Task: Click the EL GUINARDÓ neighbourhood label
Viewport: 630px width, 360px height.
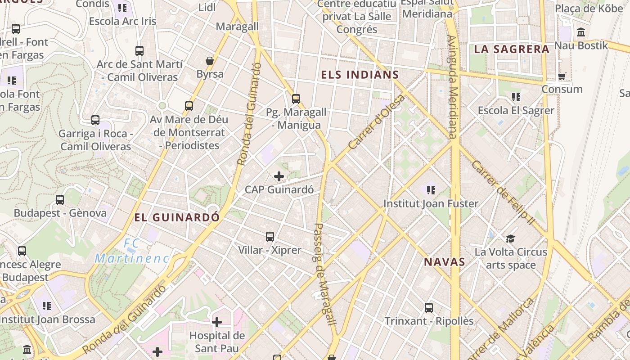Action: (x=177, y=218)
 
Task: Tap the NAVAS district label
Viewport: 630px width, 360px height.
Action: (x=444, y=262)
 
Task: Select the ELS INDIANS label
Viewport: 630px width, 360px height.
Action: (x=360, y=75)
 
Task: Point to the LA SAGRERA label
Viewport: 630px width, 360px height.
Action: (x=512, y=49)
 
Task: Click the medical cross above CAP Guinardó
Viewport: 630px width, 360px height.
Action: (x=279, y=176)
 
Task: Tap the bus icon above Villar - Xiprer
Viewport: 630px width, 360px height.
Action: (x=270, y=236)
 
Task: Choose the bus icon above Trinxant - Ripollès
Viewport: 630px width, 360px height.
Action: (x=429, y=308)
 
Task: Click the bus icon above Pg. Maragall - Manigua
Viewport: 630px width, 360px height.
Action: (x=296, y=99)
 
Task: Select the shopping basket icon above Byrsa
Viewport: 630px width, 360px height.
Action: (x=210, y=61)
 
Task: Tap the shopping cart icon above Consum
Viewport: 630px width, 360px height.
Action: (x=562, y=76)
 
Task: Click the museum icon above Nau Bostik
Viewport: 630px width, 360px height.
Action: (x=581, y=32)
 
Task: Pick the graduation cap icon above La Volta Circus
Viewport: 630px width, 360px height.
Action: (x=510, y=238)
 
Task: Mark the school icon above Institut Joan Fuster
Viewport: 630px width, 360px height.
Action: (x=431, y=190)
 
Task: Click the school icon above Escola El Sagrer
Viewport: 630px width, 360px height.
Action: (x=516, y=97)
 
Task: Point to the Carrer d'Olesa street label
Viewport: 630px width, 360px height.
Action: (x=377, y=122)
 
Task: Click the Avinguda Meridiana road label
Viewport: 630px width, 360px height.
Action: (x=452, y=86)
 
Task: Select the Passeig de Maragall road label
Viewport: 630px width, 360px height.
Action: (x=324, y=274)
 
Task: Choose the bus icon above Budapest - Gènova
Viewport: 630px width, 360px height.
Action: (x=60, y=200)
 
